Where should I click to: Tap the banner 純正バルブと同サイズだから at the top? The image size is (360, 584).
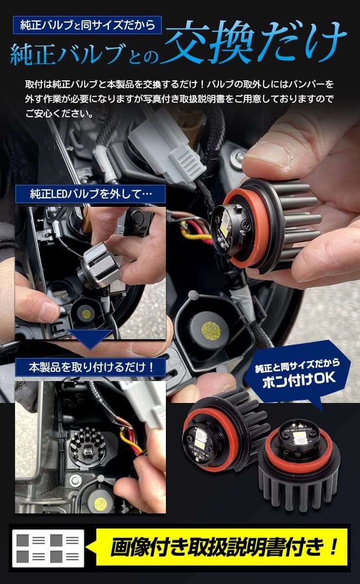(x=88, y=25)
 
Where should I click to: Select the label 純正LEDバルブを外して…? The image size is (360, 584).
(x=90, y=194)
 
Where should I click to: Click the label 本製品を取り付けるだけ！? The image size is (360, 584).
(x=90, y=367)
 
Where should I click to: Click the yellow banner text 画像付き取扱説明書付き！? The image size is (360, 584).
(x=224, y=547)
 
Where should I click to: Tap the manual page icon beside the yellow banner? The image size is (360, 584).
(x=48, y=548)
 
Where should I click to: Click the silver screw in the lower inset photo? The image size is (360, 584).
(x=75, y=479)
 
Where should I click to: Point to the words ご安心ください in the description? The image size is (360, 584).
(x=56, y=113)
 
